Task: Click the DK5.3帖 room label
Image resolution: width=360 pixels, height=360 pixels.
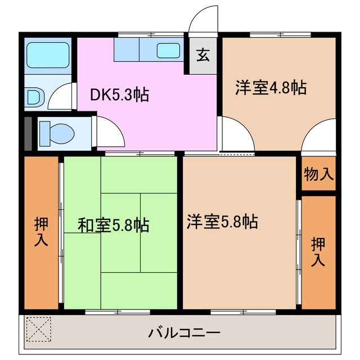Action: tap(120, 95)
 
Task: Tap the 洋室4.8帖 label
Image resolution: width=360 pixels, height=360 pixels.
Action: tap(271, 88)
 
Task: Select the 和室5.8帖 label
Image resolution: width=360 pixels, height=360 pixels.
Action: tap(113, 226)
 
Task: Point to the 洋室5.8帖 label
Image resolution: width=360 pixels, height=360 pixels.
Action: tap(222, 222)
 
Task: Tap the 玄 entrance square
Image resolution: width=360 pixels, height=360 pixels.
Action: tap(203, 56)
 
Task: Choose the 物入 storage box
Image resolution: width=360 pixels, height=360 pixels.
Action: tap(319, 174)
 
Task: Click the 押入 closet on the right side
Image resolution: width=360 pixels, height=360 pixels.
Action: tap(319, 251)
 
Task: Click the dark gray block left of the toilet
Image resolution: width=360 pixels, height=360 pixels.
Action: tap(28, 133)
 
